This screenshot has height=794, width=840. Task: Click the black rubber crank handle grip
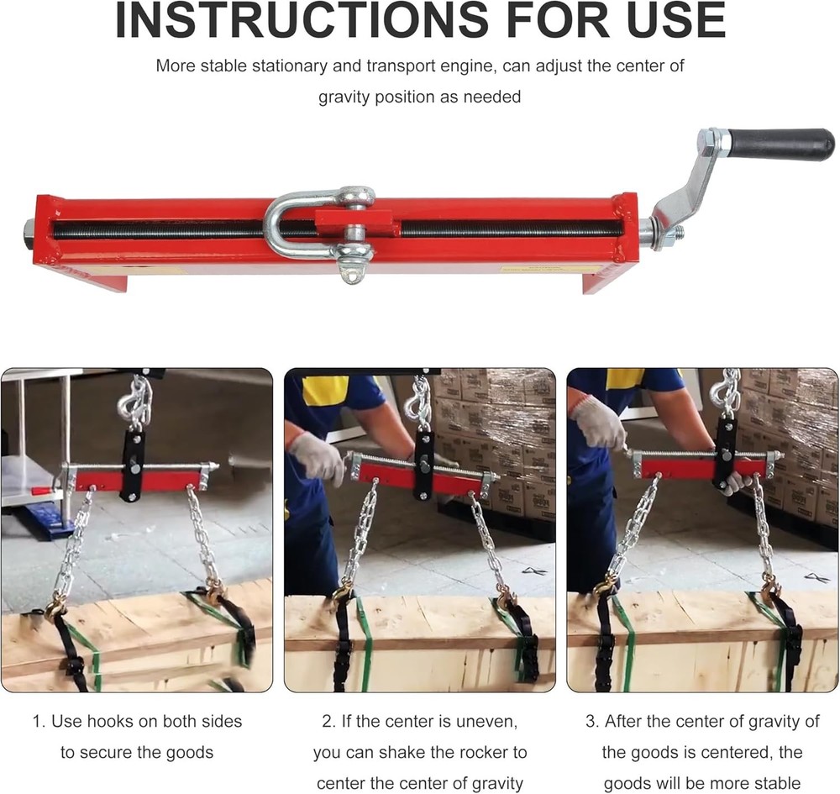pyautogui.click(x=780, y=144)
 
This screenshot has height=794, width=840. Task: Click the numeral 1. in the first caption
pyautogui.click(x=39, y=721)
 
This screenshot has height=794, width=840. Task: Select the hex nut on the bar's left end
pyautogui.click(x=29, y=228)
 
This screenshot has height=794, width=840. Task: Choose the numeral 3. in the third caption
pyautogui.click(x=592, y=721)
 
